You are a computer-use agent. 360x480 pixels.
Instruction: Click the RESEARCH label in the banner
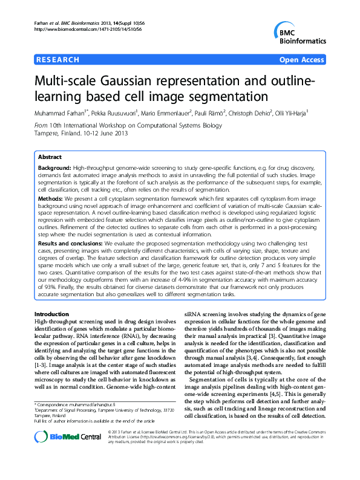coord(58,60)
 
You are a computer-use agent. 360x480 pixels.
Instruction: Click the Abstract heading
coord(50,156)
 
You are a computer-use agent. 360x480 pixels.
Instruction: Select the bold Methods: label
coord(50,197)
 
